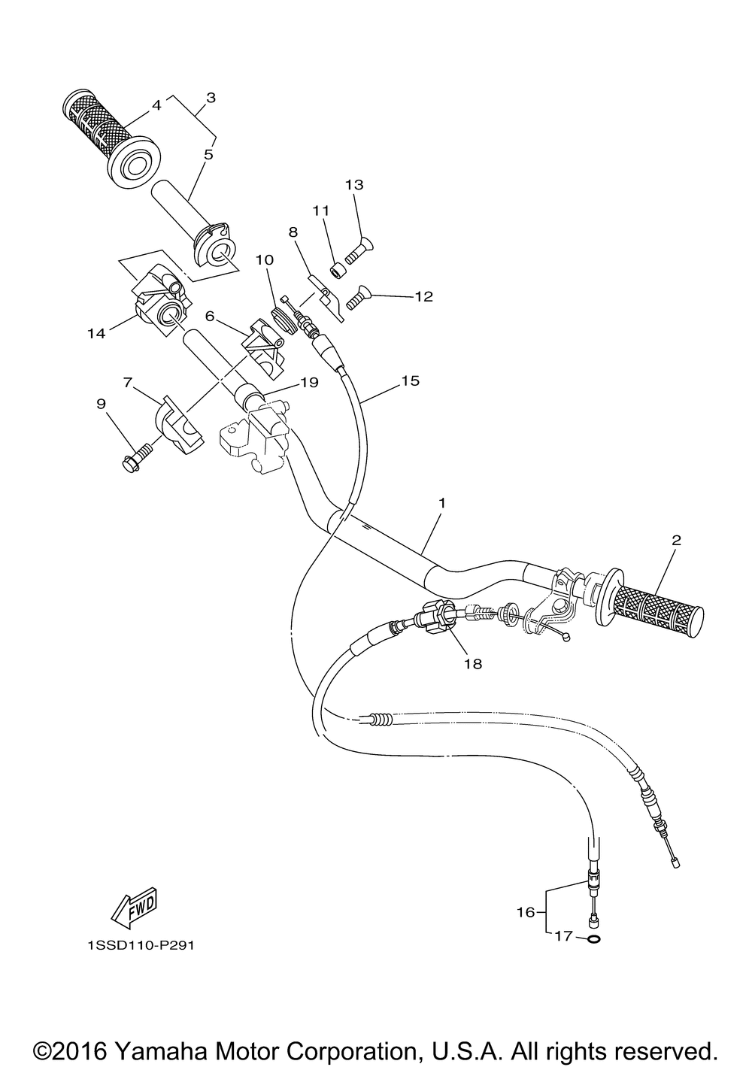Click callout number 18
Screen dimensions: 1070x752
pos(472,663)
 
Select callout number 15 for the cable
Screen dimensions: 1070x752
pos(410,381)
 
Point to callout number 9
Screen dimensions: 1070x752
pos(101,403)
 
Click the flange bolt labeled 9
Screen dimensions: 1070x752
pos(136,454)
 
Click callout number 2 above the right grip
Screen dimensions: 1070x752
pos(676,539)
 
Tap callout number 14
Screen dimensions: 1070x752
pos(96,333)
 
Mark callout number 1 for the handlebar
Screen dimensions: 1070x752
pos(441,502)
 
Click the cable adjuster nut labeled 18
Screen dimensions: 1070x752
pos(438,620)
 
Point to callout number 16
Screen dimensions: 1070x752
pos(525,912)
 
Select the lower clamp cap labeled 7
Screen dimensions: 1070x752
pos(180,425)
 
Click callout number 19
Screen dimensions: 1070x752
pos(309,382)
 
